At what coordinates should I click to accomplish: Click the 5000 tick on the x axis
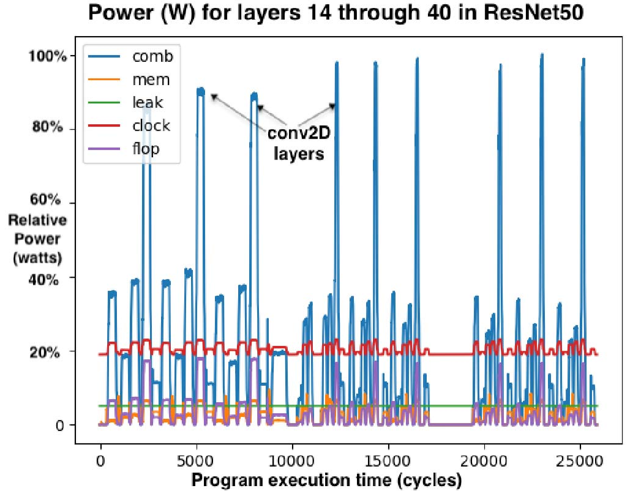(x=196, y=458)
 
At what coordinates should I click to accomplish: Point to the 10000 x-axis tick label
(x=292, y=458)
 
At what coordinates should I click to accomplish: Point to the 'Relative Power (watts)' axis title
(x=37, y=239)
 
